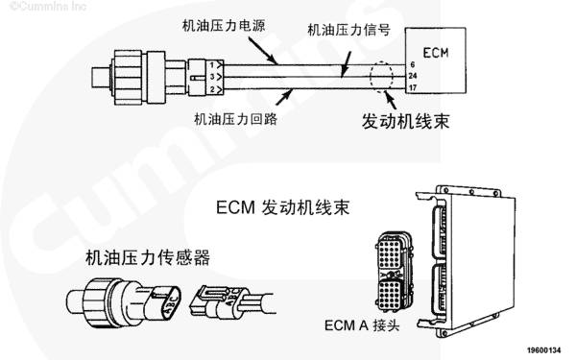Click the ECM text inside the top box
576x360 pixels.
436,53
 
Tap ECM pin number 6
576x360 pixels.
413,64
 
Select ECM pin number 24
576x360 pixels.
413,76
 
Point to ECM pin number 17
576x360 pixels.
413,87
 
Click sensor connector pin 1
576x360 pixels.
211,65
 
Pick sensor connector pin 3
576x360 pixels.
212,77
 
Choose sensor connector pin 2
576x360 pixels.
212,89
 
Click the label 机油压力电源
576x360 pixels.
224,26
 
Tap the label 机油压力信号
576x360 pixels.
348,30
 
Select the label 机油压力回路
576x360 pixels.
235,119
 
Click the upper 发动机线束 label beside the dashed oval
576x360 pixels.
405,121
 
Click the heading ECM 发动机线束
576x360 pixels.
282,207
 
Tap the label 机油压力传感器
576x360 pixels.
148,257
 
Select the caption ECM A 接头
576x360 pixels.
362,325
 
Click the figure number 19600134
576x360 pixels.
544,350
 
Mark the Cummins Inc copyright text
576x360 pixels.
48,7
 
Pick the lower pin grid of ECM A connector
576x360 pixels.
390,294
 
